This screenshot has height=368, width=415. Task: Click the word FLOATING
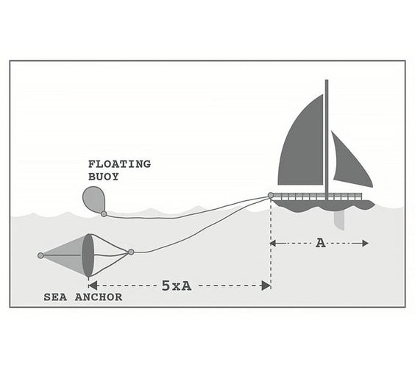tap(119, 164)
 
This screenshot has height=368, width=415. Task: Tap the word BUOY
tap(104, 177)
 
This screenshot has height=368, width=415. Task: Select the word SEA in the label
tap(55, 297)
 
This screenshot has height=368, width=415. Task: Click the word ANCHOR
tap(99, 297)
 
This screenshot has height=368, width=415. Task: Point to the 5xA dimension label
tap(177, 286)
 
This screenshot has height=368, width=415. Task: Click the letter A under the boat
tap(321, 243)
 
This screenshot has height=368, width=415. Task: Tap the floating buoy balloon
tap(93, 199)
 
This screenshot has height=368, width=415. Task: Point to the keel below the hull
tap(339, 220)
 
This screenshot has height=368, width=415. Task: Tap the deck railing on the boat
tap(317, 197)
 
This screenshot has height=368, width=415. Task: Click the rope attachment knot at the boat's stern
tap(271, 195)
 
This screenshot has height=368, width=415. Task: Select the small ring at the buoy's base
tap(104, 213)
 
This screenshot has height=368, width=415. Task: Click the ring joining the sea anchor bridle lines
tap(131, 252)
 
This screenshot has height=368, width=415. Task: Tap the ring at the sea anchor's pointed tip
tap(40, 255)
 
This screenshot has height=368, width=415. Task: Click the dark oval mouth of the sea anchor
tap(88, 255)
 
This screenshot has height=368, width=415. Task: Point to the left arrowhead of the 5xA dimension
tap(93, 286)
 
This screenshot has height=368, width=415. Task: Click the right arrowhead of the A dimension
tap(365, 243)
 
